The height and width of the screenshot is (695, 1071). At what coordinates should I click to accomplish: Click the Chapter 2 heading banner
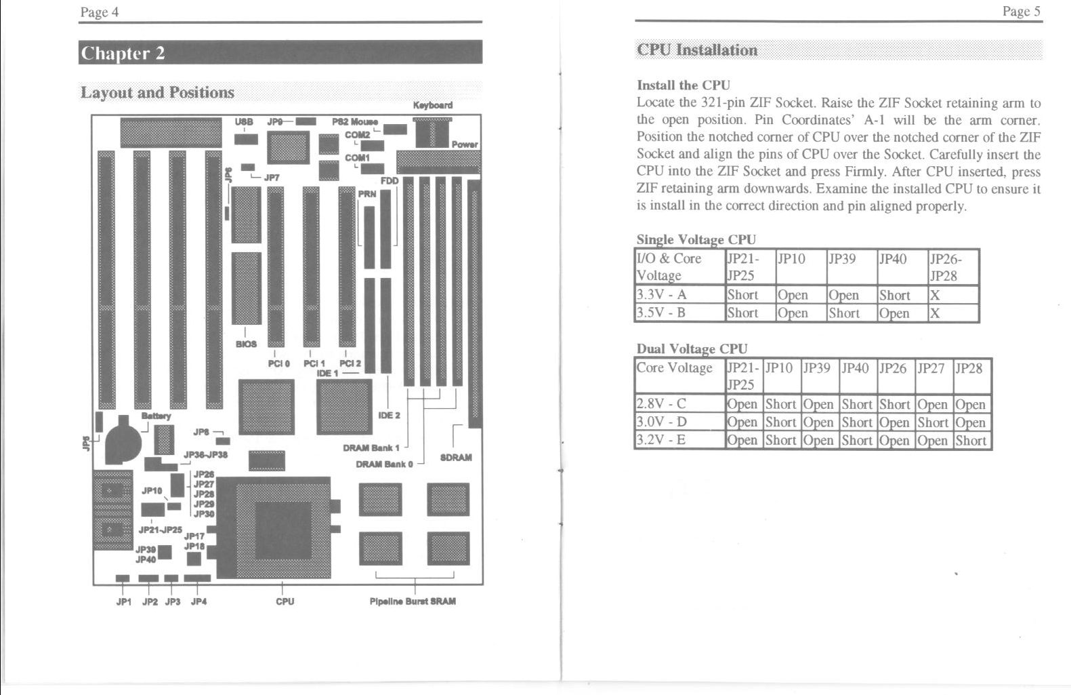pyautogui.click(x=280, y=52)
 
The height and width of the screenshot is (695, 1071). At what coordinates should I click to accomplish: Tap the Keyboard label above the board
pyautogui.click(x=433, y=105)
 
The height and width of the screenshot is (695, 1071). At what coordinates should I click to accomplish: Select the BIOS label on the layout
pyautogui.click(x=246, y=344)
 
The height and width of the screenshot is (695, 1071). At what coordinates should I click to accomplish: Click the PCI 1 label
pyautogui.click(x=314, y=363)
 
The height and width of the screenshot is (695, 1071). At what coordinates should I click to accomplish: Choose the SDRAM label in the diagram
pyautogui.click(x=456, y=457)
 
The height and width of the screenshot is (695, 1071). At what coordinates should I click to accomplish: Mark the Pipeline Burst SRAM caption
pyautogui.click(x=413, y=601)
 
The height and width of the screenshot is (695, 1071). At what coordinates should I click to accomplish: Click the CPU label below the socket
pyautogui.click(x=285, y=601)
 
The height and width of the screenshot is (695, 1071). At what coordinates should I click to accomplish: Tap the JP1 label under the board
pyautogui.click(x=124, y=601)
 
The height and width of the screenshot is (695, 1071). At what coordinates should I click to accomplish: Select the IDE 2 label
pyautogui.click(x=390, y=415)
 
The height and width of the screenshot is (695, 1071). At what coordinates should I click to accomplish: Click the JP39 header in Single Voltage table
pyautogui.click(x=842, y=259)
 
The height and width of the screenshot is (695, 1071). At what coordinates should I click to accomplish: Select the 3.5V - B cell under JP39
pyautogui.click(x=844, y=313)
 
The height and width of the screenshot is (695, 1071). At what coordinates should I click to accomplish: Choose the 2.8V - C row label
pyautogui.click(x=660, y=403)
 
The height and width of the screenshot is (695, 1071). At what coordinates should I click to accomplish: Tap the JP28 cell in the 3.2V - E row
pyautogui.click(x=971, y=440)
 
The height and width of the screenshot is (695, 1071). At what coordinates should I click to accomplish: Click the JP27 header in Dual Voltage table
pyautogui.click(x=931, y=368)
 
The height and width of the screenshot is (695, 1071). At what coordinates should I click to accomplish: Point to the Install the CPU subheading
pyautogui.click(x=684, y=85)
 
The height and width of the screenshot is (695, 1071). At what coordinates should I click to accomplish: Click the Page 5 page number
pyautogui.click(x=1022, y=12)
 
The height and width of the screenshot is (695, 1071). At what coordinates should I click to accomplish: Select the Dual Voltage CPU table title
pyautogui.click(x=692, y=349)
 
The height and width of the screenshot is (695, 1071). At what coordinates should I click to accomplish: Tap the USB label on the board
pyautogui.click(x=244, y=121)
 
